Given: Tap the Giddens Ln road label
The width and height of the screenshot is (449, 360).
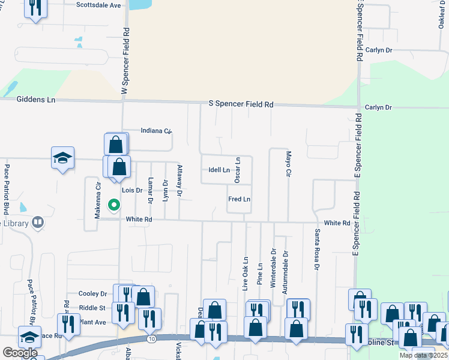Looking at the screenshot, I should (x=36, y=100).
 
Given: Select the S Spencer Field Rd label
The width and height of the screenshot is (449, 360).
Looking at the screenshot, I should (x=241, y=104).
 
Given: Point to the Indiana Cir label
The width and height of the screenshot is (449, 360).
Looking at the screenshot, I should (x=156, y=131).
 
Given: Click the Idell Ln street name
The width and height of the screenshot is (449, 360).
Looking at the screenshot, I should (x=218, y=170).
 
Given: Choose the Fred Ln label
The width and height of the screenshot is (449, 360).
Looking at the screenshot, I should (x=239, y=199).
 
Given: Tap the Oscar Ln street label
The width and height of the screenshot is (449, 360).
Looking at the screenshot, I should (x=237, y=170).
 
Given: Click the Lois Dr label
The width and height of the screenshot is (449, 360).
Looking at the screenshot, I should (x=131, y=190).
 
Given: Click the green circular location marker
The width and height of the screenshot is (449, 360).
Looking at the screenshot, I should (x=113, y=206).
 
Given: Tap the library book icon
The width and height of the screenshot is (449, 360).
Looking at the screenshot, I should (x=38, y=223).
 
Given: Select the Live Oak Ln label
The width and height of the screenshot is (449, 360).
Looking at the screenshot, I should (x=246, y=275).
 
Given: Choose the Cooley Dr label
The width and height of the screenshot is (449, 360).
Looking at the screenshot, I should (x=92, y=294).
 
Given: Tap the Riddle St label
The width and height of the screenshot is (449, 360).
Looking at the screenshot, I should (x=92, y=308).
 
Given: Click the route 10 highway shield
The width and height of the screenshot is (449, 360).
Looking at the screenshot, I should (x=152, y=340).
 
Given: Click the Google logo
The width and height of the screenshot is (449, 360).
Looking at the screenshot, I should (x=20, y=353).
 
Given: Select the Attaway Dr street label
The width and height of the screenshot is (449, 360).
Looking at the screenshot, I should (x=179, y=181).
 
